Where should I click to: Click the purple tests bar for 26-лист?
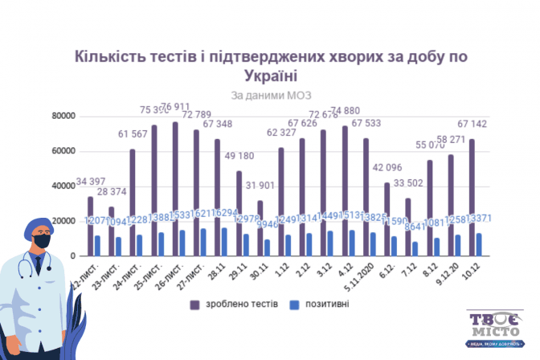[x=175, y=189]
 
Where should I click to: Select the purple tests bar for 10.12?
[x=471, y=197]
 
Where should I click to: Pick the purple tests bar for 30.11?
[x=260, y=227]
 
